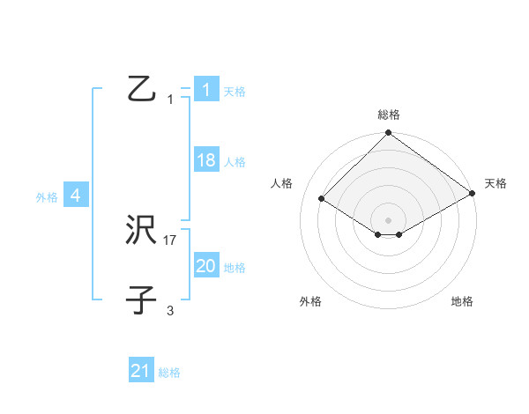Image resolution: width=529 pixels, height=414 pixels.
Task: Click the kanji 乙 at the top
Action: pyautogui.click(x=141, y=89)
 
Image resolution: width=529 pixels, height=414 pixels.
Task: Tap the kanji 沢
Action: pyautogui.click(x=141, y=231)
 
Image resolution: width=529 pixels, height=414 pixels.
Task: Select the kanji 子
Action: pyautogui.click(x=141, y=300)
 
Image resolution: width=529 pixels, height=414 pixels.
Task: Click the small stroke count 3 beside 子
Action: pyautogui.click(x=170, y=310)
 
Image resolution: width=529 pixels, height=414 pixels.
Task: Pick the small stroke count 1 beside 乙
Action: pyautogui.click(x=170, y=100)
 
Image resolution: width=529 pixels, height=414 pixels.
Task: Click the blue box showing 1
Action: pyautogui.click(x=205, y=90)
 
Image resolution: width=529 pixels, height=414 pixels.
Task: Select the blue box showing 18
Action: pyautogui.click(x=205, y=160)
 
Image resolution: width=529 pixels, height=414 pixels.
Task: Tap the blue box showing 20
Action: pyautogui.click(x=205, y=266)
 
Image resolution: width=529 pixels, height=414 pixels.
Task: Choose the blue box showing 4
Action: pyautogui.click(x=76, y=196)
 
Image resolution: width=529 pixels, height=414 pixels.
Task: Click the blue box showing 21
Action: pyautogui.click(x=141, y=371)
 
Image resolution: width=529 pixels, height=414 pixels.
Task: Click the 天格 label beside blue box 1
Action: pyautogui.click(x=234, y=92)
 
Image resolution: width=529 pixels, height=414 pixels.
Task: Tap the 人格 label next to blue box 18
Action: pyautogui.click(x=234, y=162)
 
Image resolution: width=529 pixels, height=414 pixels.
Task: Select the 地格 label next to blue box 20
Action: pyautogui.click(x=234, y=268)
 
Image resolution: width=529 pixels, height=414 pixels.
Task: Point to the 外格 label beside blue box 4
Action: pyautogui.click(x=47, y=198)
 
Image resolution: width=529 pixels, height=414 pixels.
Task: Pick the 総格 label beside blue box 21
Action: pyautogui.click(x=169, y=373)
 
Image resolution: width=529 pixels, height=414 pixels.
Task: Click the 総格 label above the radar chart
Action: pyautogui.click(x=388, y=115)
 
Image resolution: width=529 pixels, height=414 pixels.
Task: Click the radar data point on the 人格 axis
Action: pyautogui.click(x=322, y=200)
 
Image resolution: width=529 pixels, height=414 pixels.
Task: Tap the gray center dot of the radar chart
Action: pyautogui.click(x=388, y=219)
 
